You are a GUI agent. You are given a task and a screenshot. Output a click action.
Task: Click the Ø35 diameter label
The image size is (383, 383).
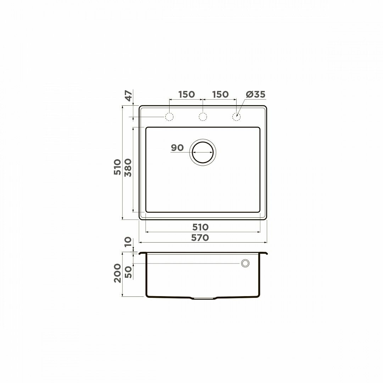(255, 94)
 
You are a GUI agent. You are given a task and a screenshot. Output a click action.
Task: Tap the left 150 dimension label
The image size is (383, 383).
(187, 94)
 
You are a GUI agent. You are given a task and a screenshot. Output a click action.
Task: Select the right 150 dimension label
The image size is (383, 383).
(221, 94)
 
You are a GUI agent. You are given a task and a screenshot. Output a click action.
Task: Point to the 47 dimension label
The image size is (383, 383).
(129, 95)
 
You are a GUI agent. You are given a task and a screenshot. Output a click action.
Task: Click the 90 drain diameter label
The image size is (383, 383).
(177, 148)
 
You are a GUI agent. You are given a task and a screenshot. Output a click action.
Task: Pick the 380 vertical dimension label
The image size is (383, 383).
(128, 167)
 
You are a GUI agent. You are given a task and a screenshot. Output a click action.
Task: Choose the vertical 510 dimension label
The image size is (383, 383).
(117, 167)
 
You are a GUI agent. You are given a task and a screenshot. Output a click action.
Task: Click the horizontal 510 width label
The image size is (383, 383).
(200, 227)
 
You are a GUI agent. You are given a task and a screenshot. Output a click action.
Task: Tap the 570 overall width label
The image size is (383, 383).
(200, 237)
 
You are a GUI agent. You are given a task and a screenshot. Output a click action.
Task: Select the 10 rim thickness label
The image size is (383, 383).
(128, 242)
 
